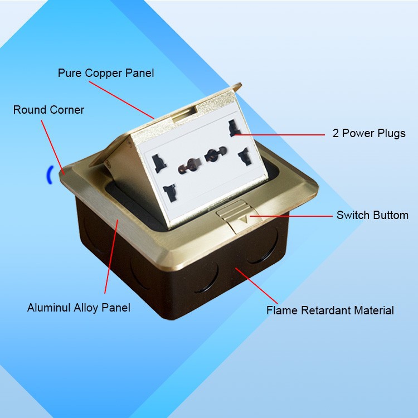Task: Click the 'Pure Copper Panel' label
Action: [x=106, y=73]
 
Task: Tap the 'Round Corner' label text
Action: [x=48, y=110]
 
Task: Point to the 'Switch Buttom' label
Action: [x=372, y=215]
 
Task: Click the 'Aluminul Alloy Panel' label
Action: [x=79, y=308]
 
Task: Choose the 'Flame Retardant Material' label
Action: [x=330, y=310]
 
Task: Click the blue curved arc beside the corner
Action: [x=49, y=174]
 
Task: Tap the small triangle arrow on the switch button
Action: [x=242, y=220]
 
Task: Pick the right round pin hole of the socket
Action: [x=212, y=154]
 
